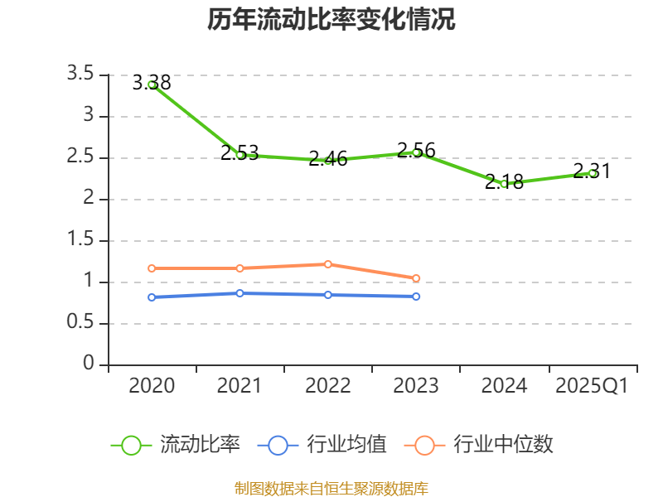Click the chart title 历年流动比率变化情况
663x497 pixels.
click(x=331, y=20)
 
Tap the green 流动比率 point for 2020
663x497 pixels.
click(x=152, y=84)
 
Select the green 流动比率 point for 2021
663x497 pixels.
click(x=240, y=155)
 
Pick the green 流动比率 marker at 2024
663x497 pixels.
click(x=504, y=184)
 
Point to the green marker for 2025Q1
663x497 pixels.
click(x=592, y=173)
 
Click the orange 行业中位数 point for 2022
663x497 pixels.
click(x=328, y=264)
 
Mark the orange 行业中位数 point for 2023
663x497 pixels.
click(x=416, y=278)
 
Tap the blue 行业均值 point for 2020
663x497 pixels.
click(x=152, y=297)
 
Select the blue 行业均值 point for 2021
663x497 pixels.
click(x=240, y=293)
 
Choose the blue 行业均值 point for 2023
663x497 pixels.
click(x=416, y=297)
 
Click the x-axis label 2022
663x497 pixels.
click(x=328, y=386)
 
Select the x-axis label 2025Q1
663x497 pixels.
click(x=592, y=386)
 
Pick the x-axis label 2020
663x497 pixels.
click(x=152, y=386)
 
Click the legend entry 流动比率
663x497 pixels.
click(x=200, y=445)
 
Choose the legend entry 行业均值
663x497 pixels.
click(x=346, y=445)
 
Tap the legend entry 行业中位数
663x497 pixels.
click(x=503, y=445)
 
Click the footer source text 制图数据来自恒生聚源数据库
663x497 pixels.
click(x=331, y=488)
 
